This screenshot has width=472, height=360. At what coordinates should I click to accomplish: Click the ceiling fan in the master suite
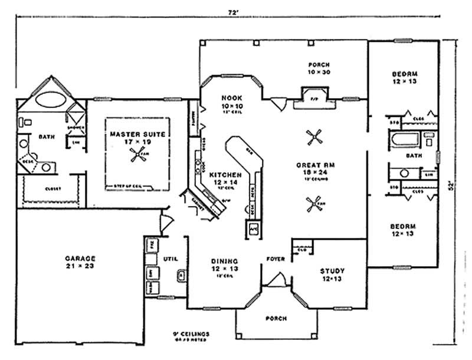(139, 155)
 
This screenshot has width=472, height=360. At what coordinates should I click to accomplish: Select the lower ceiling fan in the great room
(312, 205)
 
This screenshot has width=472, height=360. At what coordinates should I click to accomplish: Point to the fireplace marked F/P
(313, 96)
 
